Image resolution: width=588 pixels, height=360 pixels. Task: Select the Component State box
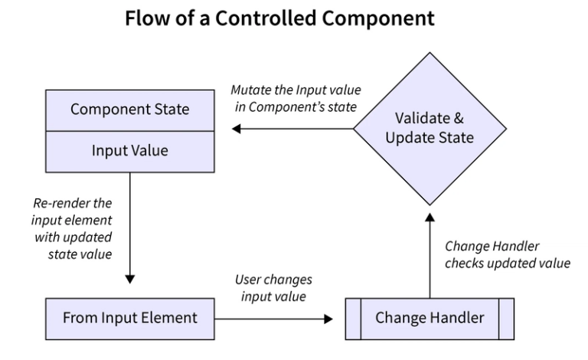coord(129,110)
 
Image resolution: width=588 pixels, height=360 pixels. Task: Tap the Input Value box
coord(129,151)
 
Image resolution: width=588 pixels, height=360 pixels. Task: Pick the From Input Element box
coord(129,317)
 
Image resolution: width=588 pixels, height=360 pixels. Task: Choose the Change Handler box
coord(429,317)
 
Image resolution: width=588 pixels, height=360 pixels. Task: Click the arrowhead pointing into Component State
coord(237,130)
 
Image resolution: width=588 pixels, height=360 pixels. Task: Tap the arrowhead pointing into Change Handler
coord(338,317)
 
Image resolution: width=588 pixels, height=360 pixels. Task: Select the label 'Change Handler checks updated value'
coord(507,254)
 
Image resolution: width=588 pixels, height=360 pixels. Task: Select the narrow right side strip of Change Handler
coord(506,317)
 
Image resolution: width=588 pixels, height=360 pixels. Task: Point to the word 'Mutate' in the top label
coord(252,90)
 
